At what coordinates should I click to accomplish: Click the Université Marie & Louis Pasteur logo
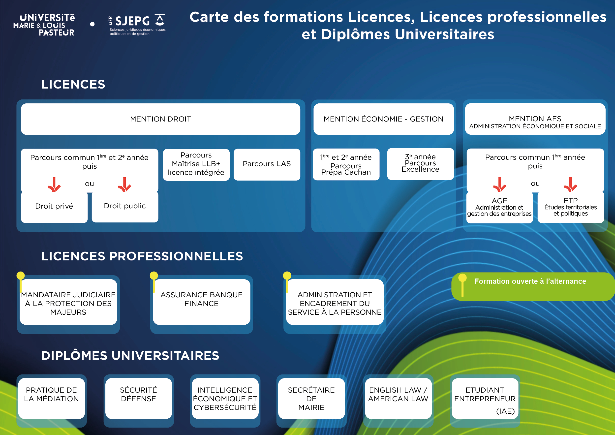click(x=44, y=25)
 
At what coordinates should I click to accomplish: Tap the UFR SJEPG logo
click(x=137, y=25)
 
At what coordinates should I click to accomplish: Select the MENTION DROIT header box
click(x=160, y=119)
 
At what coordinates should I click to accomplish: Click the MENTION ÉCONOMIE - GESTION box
click(x=384, y=119)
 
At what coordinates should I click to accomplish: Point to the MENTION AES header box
click(x=535, y=119)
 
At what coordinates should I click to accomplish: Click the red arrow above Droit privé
click(x=54, y=185)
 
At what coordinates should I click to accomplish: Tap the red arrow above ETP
click(x=571, y=185)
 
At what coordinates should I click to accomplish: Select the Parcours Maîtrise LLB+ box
click(x=196, y=164)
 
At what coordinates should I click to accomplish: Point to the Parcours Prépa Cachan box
click(x=346, y=164)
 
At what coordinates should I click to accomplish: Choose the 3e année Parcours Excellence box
click(x=421, y=164)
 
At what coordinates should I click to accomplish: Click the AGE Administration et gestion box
click(x=499, y=207)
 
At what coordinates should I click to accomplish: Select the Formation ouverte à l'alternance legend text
click(x=530, y=281)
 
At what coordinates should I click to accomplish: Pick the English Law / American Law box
click(x=398, y=398)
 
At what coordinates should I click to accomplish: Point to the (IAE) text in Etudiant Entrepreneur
click(x=505, y=411)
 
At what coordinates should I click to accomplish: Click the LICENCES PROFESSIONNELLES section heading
click(x=142, y=256)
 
